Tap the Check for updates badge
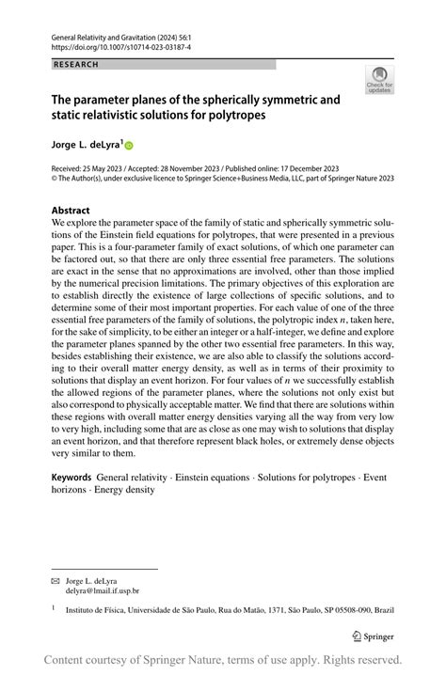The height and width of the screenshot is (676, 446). (380, 80)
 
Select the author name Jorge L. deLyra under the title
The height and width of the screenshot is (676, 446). (82, 145)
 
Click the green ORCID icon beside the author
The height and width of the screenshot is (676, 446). (129, 146)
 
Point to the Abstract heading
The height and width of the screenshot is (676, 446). (71, 211)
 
